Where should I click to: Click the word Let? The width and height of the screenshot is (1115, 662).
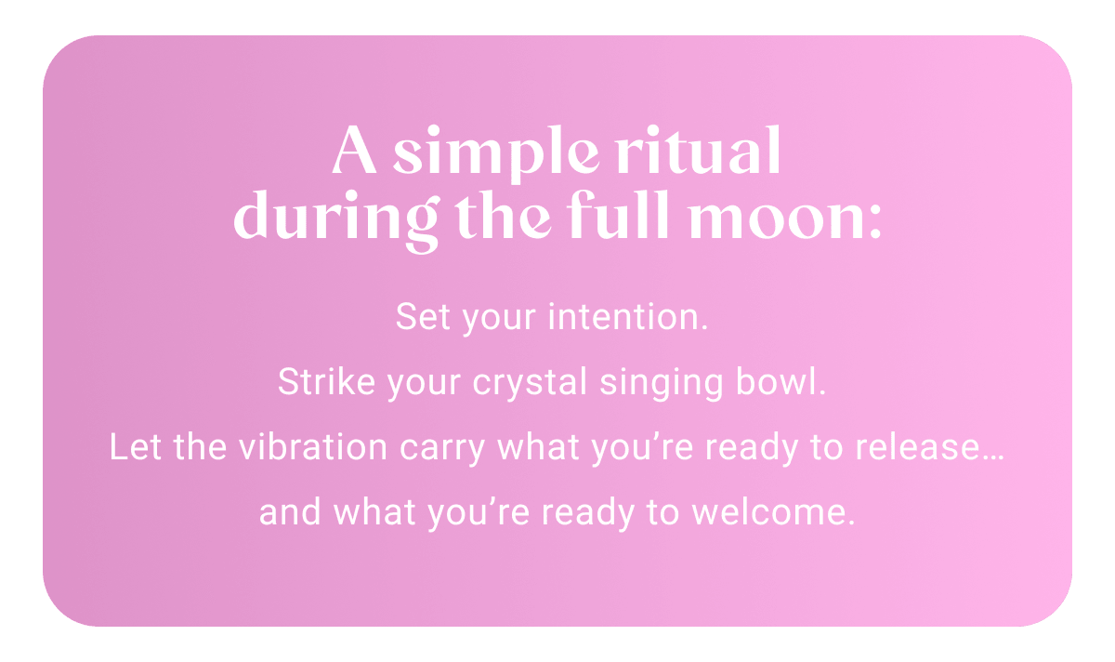point(129,447)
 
